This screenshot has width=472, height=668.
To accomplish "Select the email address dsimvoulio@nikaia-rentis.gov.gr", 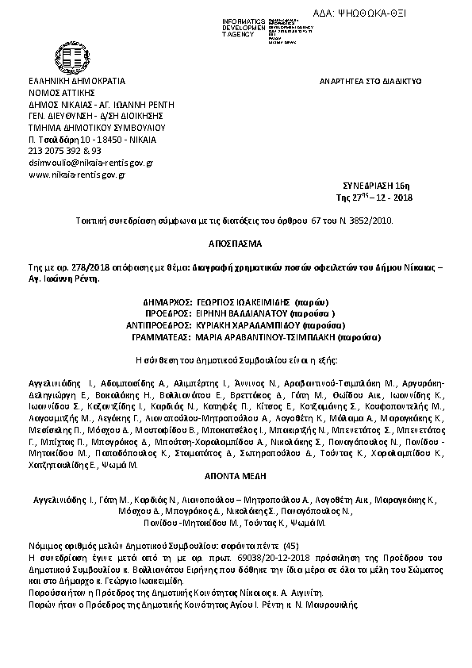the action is click(x=90, y=162).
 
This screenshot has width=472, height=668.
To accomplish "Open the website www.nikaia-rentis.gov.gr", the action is click(x=78, y=174).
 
